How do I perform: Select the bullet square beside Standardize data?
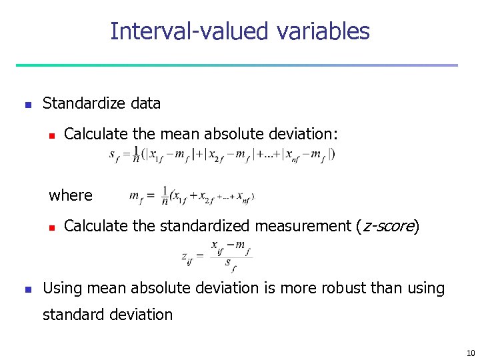27,105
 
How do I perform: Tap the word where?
71,195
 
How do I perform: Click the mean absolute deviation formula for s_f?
222,155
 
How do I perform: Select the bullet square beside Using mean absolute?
27,289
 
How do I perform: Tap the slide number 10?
470,353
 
